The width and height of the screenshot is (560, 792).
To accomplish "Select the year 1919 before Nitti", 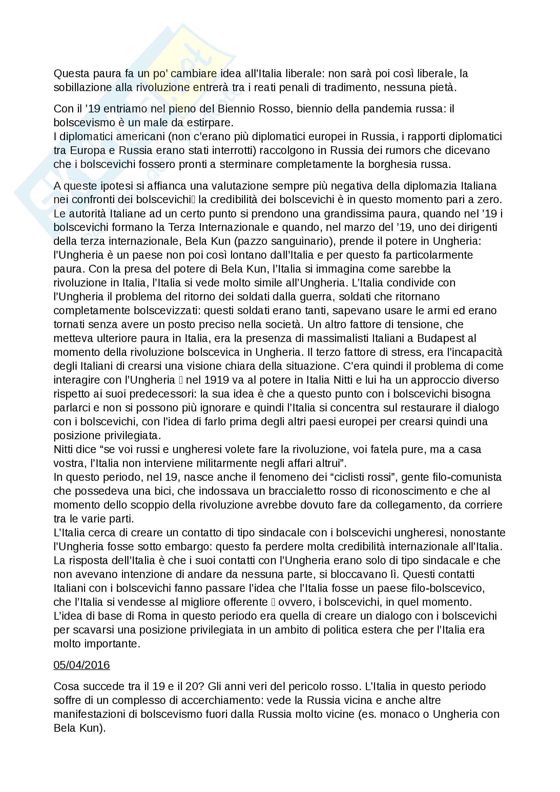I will [217, 380].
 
